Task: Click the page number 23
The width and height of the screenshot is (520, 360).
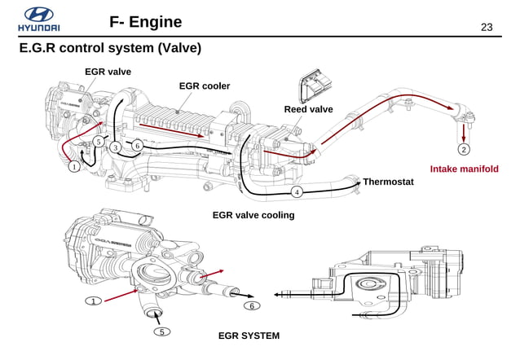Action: (x=487, y=28)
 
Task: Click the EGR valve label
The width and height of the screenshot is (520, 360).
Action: (x=108, y=72)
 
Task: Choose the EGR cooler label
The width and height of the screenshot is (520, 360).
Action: (x=204, y=86)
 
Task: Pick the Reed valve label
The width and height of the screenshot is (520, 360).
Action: (x=308, y=109)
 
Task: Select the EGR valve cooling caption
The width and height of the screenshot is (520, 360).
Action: (x=253, y=215)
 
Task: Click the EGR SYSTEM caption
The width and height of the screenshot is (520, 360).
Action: (x=249, y=336)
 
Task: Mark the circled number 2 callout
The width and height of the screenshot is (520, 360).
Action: (x=463, y=150)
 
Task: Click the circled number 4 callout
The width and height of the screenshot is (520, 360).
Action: (x=297, y=192)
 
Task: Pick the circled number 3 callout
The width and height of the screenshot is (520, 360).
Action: (x=117, y=147)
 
